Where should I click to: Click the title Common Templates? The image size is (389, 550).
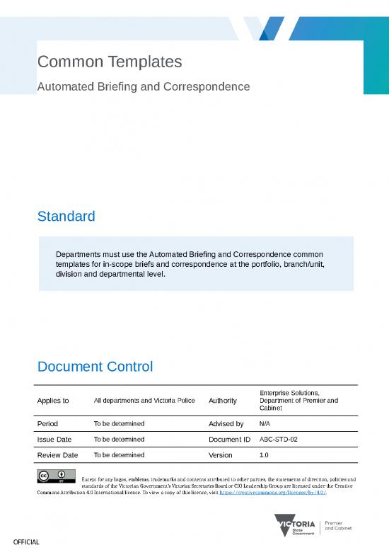(x=110, y=62)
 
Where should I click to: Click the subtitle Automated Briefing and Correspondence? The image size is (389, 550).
(x=144, y=86)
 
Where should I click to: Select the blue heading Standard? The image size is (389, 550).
(x=66, y=216)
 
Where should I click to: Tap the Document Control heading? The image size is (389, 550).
(x=95, y=367)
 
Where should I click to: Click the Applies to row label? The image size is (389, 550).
(x=53, y=401)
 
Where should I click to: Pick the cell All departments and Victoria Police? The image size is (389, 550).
(x=144, y=401)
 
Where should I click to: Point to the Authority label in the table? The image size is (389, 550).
(x=223, y=401)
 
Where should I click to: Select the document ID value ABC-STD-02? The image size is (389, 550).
(x=279, y=440)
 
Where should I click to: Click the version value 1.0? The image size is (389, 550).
(x=265, y=455)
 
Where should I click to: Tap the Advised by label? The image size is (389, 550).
(x=226, y=424)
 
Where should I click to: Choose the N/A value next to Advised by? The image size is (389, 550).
(x=265, y=424)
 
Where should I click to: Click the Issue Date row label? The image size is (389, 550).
(x=54, y=440)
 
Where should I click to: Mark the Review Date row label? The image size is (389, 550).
(x=57, y=455)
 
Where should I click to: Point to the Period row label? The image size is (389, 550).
(x=48, y=424)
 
